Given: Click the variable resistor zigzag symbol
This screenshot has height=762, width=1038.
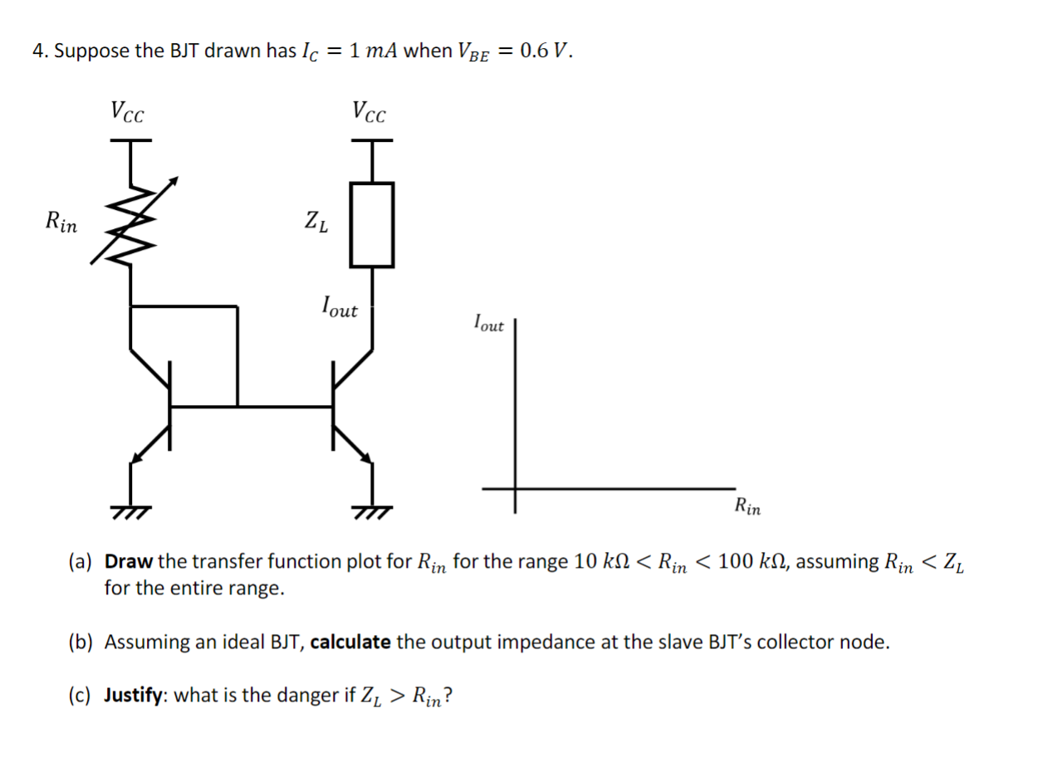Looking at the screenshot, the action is tap(131, 221).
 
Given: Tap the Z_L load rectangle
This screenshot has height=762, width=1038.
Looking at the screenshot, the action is tap(370, 224).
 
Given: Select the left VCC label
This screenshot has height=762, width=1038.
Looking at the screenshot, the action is tap(127, 112).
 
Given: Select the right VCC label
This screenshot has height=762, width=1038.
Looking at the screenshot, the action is tap(369, 112).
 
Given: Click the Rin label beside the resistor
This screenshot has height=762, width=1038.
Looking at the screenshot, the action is tap(61, 222).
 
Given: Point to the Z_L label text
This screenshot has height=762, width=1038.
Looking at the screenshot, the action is tap(316, 222).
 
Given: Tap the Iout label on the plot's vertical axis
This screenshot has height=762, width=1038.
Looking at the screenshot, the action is tap(488, 323).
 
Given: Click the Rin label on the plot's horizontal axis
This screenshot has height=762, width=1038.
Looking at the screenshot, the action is tap(747, 506).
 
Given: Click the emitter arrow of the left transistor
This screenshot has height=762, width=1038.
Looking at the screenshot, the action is tap(143, 449).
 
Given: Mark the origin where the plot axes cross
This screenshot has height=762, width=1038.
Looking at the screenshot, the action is tap(515, 489).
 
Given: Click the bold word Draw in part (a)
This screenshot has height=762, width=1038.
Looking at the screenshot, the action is tap(129, 562).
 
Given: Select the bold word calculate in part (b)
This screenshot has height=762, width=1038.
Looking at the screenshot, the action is tap(350, 642).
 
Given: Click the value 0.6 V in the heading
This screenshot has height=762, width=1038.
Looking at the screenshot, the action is tap(545, 51).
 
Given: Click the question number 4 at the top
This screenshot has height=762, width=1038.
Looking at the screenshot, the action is tap(38, 51).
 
